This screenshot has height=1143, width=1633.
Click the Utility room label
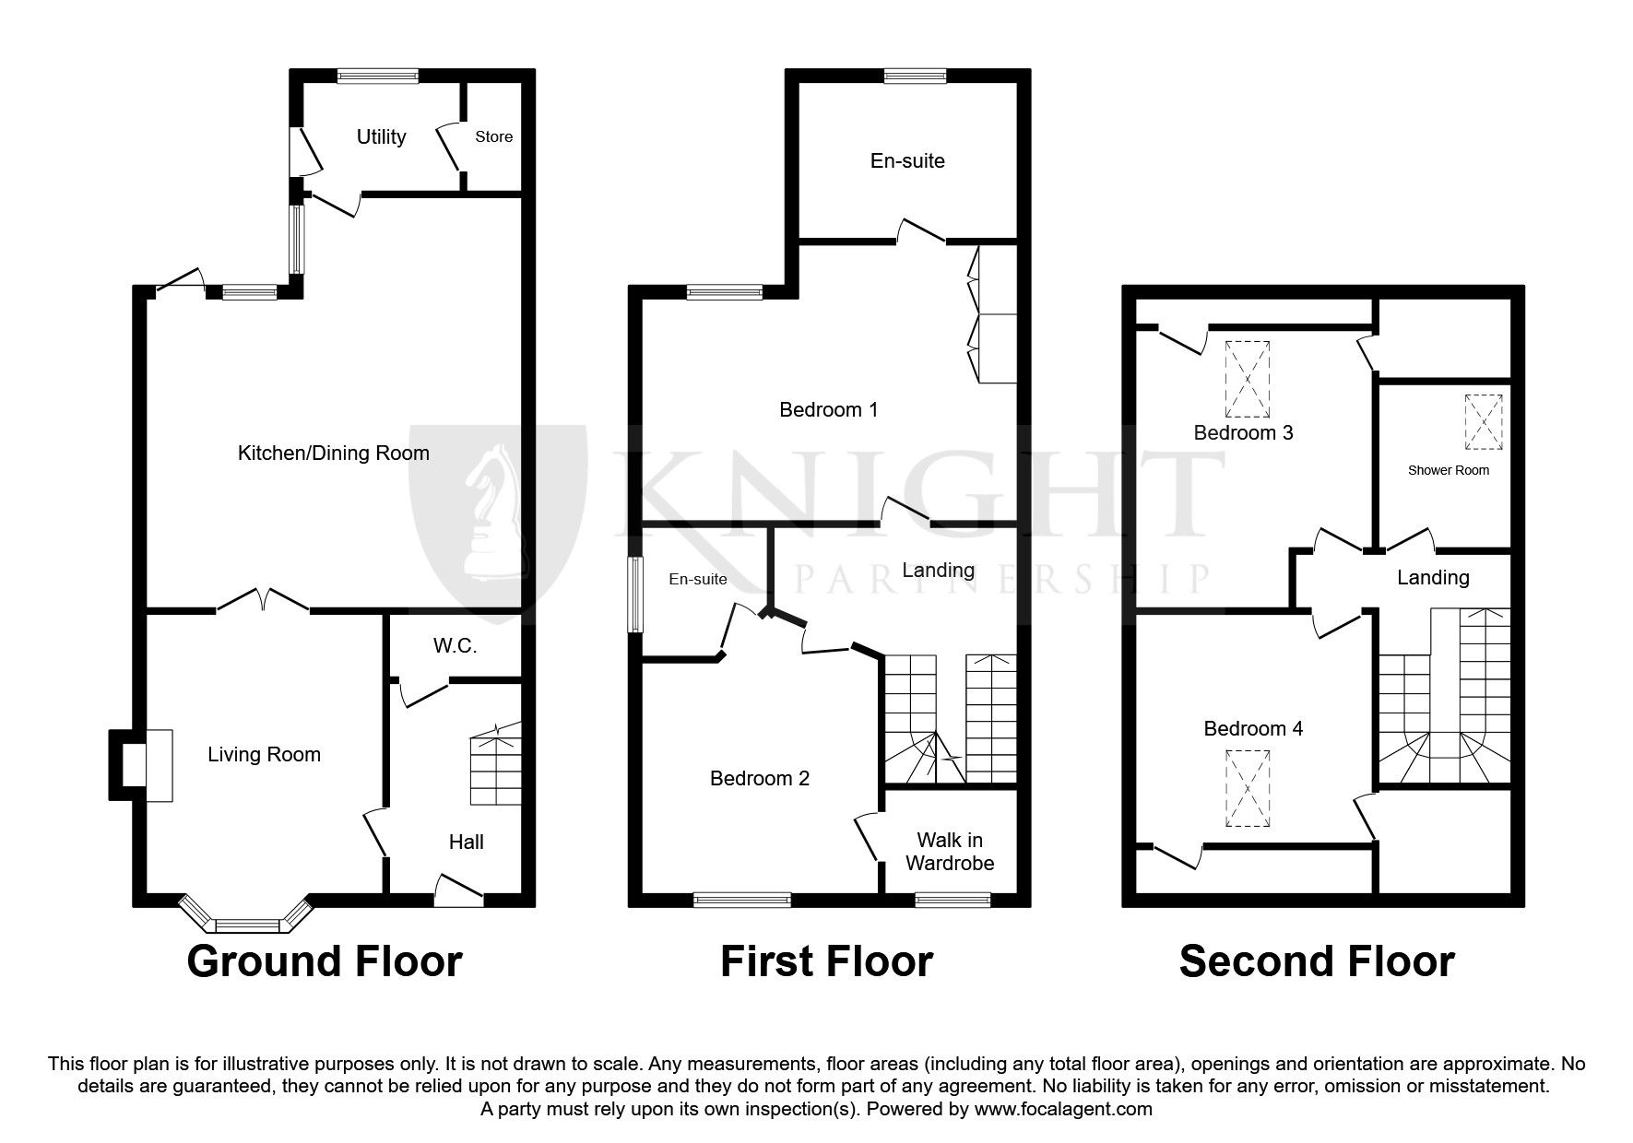point(381,136)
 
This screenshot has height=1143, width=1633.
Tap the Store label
point(493,136)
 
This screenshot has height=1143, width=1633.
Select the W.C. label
point(455,645)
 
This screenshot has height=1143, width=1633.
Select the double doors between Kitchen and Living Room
point(263,601)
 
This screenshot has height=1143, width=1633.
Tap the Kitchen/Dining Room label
point(333,453)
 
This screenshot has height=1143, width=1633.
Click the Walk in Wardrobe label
point(950,852)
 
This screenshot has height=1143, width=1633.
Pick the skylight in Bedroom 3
point(1248,379)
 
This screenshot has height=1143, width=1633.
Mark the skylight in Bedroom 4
point(1248,788)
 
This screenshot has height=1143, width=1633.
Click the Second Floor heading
point(1316,961)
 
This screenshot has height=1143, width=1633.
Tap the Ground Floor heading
point(324,961)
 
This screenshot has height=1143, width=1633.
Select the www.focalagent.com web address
point(1062,1109)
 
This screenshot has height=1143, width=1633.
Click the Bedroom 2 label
point(759,778)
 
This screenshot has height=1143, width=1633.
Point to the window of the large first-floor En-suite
point(915,77)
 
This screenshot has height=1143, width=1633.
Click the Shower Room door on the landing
point(1412,541)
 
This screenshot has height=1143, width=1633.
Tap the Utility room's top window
point(377,77)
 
